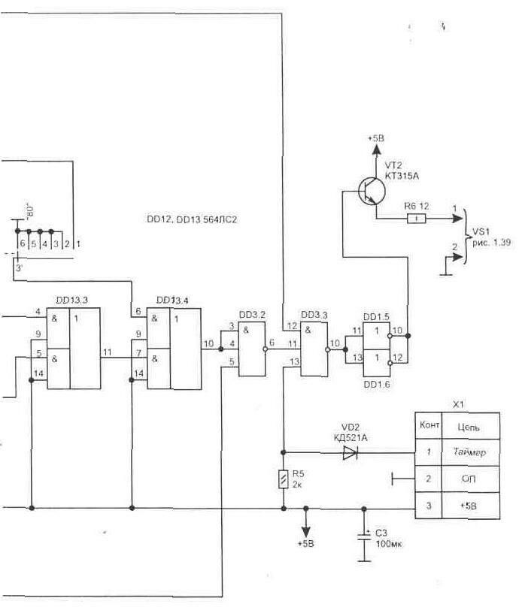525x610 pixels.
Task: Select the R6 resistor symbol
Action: tap(416, 219)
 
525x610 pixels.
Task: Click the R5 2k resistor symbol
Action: tap(284, 479)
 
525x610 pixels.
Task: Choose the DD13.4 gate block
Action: tap(173, 349)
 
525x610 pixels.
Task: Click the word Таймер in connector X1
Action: tap(471, 452)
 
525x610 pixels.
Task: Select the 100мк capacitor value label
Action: tap(390, 542)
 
